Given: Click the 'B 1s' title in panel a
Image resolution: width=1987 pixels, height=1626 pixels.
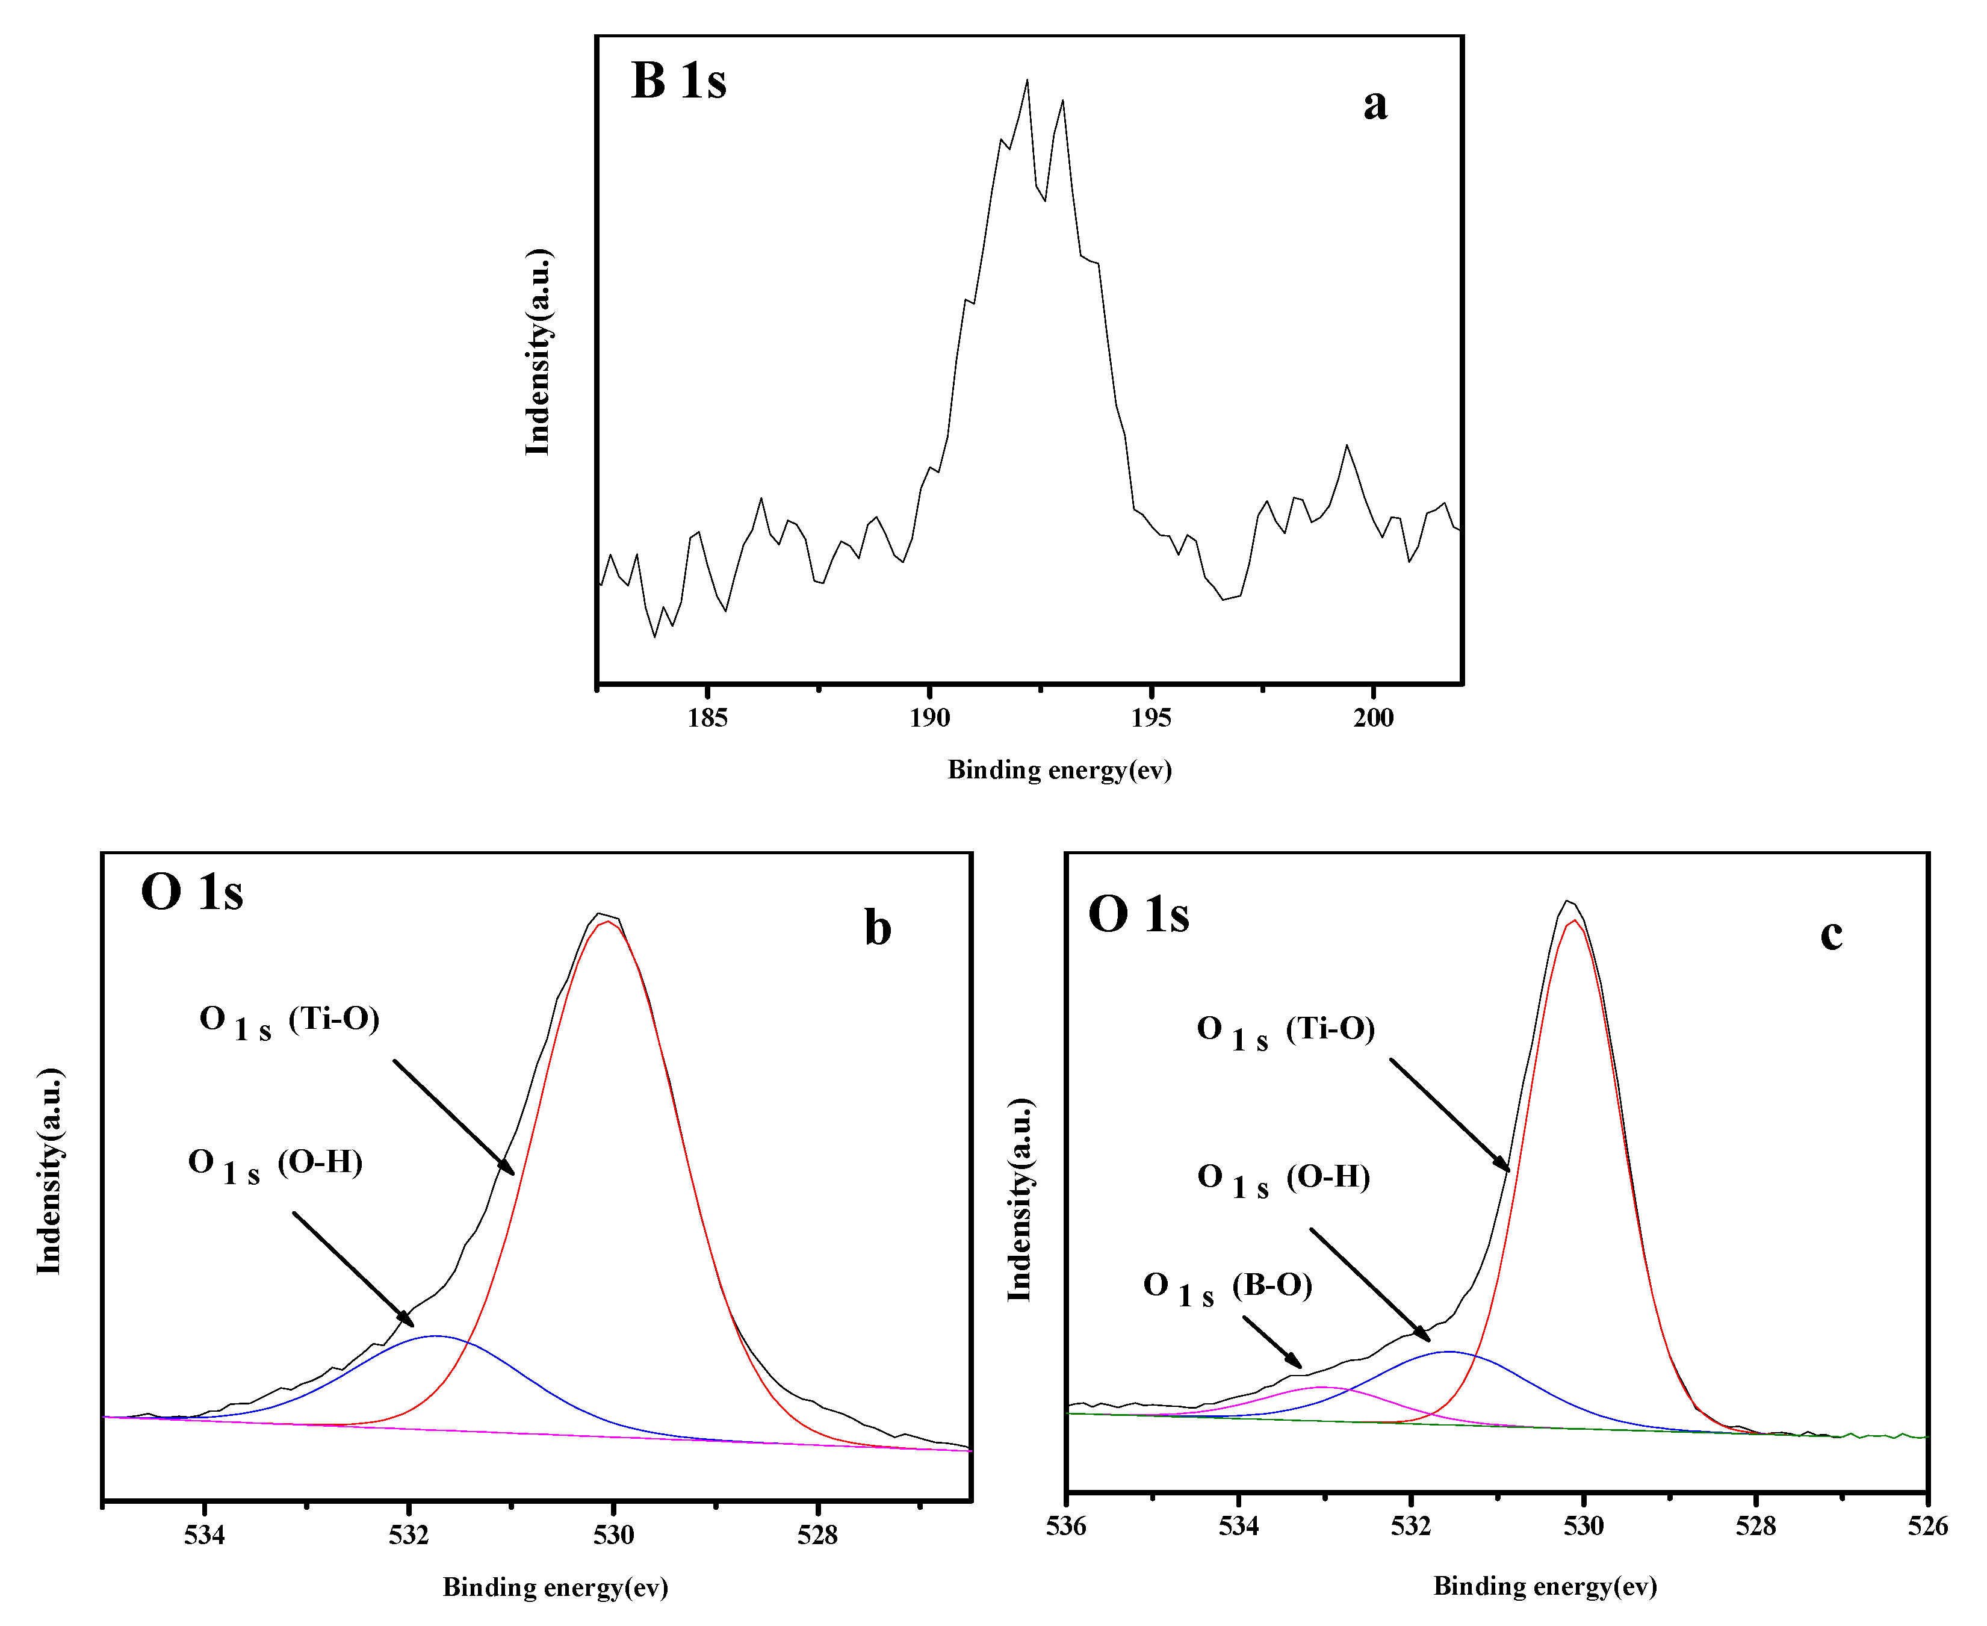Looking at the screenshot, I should tap(678, 81).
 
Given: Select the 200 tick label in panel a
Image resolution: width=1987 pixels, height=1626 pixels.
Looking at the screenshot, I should tap(1373, 718).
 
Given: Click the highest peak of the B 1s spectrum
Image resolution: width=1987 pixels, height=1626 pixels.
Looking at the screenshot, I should tap(1028, 81).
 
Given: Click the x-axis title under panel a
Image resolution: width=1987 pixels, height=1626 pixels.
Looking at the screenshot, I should tap(1059, 770).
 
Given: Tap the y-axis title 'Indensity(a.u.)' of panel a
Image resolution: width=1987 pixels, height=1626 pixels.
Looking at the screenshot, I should tap(538, 352).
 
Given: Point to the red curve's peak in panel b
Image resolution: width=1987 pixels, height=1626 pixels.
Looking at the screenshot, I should tap(609, 922).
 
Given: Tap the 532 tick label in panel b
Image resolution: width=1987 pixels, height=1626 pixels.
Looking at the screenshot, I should tap(408, 1535).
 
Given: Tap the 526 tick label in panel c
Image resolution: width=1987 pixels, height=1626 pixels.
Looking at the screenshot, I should tap(1927, 1527).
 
